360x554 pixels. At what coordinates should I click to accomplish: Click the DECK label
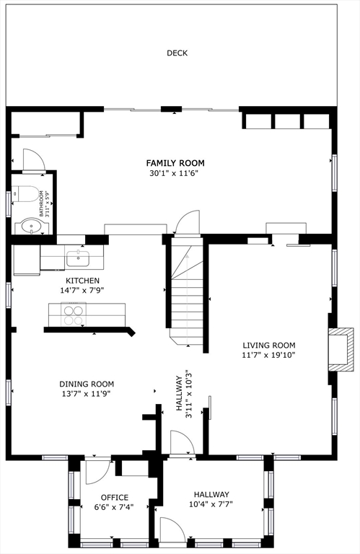tap(177, 53)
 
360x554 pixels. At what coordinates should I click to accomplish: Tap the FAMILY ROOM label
tap(175, 163)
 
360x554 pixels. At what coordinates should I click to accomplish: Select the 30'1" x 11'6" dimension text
tap(173, 173)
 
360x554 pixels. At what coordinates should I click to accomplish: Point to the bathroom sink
tap(32, 225)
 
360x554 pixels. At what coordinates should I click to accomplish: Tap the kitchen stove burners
tap(74, 315)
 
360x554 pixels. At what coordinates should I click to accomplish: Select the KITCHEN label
tap(83, 281)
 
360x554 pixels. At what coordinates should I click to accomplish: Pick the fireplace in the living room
tap(341, 350)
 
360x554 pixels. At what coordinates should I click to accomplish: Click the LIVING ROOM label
tap(269, 346)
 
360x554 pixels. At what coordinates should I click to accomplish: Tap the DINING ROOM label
tap(87, 384)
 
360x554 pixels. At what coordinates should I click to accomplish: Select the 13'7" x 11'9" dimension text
tap(86, 394)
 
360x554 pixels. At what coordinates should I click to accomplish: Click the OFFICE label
tap(115, 498)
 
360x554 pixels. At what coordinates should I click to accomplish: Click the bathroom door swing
tap(35, 159)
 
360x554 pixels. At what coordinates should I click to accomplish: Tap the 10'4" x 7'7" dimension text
tap(211, 504)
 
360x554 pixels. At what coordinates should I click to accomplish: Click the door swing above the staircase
tap(188, 222)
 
